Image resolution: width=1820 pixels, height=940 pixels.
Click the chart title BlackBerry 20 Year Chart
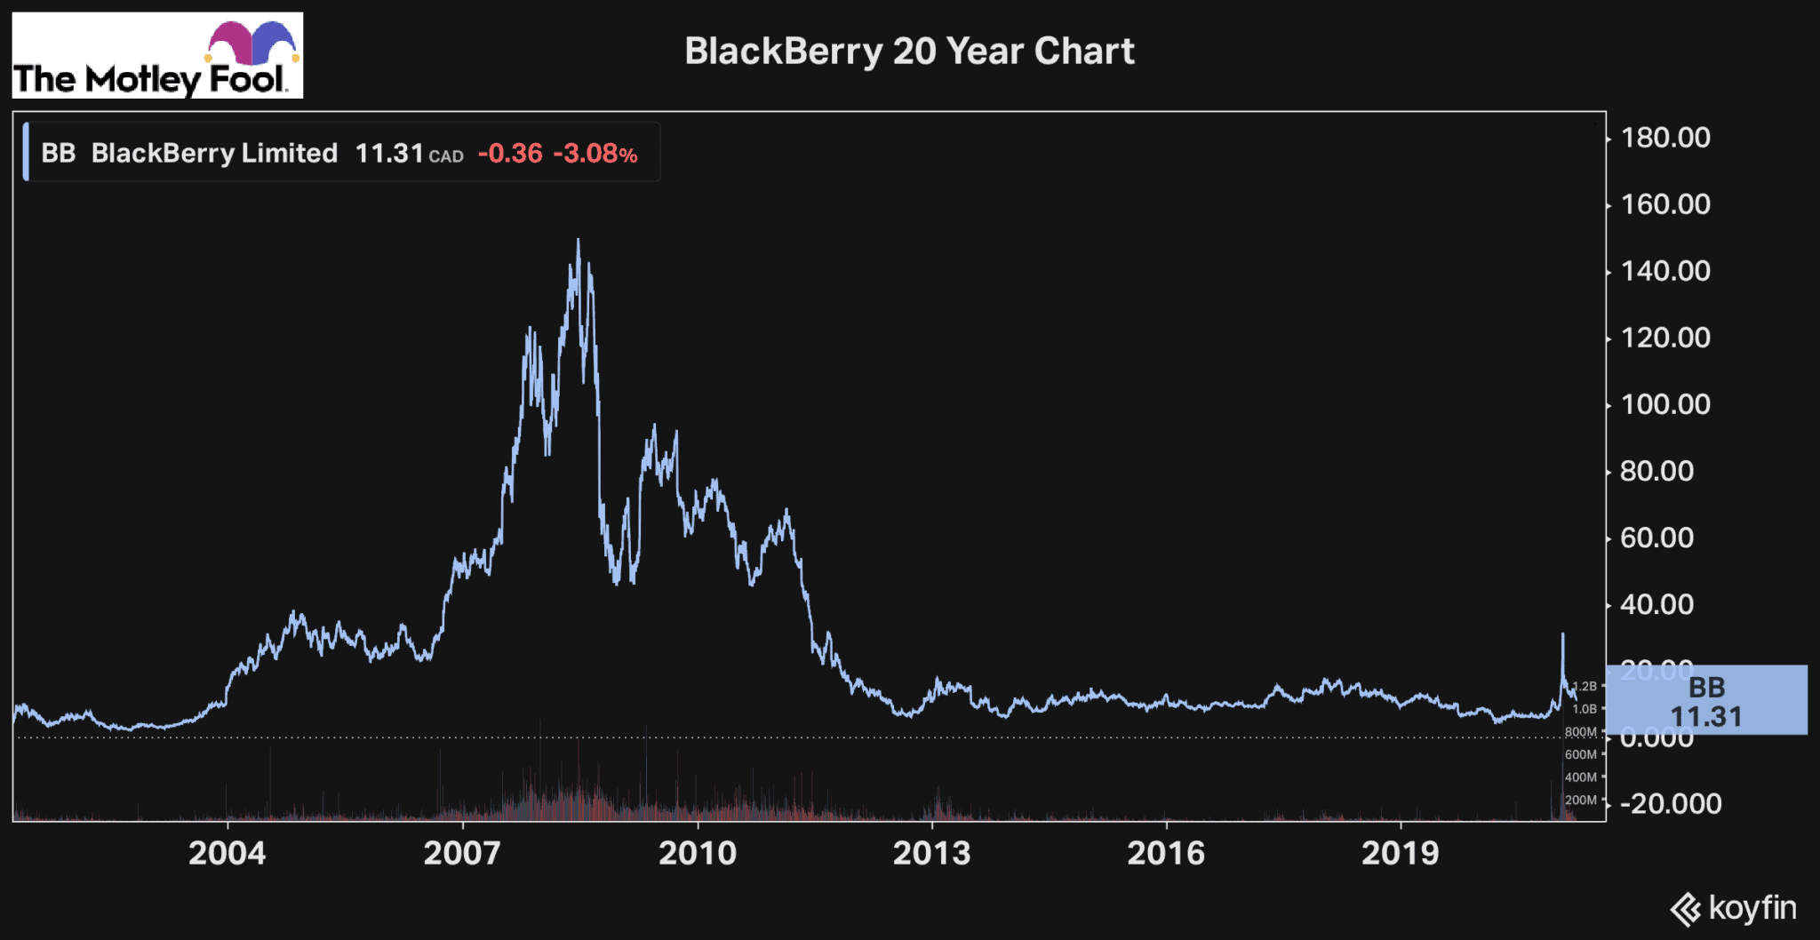pyautogui.click(x=909, y=52)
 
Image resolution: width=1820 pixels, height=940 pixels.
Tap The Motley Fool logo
pyautogui.click(x=157, y=55)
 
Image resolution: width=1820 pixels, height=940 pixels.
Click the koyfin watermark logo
pyautogui.click(x=1733, y=909)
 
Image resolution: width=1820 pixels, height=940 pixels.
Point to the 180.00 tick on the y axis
pyautogui.click(x=1665, y=138)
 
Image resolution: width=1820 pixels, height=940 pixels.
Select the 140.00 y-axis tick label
pyautogui.click(x=1665, y=271)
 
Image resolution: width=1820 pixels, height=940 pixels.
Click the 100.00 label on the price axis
pyautogui.click(x=1665, y=404)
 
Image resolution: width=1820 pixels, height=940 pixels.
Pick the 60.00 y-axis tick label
pyautogui.click(x=1656, y=538)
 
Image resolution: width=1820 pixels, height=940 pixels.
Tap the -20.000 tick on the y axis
pyautogui.click(x=1671, y=804)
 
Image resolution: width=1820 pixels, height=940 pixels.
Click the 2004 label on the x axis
pyautogui.click(x=227, y=854)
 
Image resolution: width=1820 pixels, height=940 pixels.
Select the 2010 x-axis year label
pyautogui.click(x=698, y=854)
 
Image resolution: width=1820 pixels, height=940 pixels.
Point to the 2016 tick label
pyautogui.click(x=1166, y=854)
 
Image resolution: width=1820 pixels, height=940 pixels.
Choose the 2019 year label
pyautogui.click(x=1401, y=854)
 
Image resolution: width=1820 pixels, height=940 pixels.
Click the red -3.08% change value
pyautogui.click(x=595, y=154)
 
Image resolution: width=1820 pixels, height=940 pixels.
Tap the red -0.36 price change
pyautogui.click(x=510, y=154)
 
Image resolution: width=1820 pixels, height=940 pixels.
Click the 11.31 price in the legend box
pyautogui.click(x=389, y=154)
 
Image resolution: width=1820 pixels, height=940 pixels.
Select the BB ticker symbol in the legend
pyautogui.click(x=59, y=154)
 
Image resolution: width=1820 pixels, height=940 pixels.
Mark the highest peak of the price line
pyautogui.click(x=579, y=240)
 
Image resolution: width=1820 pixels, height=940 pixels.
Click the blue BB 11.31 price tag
pyautogui.click(x=1706, y=701)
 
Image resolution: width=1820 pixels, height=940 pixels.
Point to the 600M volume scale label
pyautogui.click(x=1581, y=754)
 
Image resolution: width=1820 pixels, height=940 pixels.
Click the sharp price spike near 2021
pyautogui.click(x=1562, y=635)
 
